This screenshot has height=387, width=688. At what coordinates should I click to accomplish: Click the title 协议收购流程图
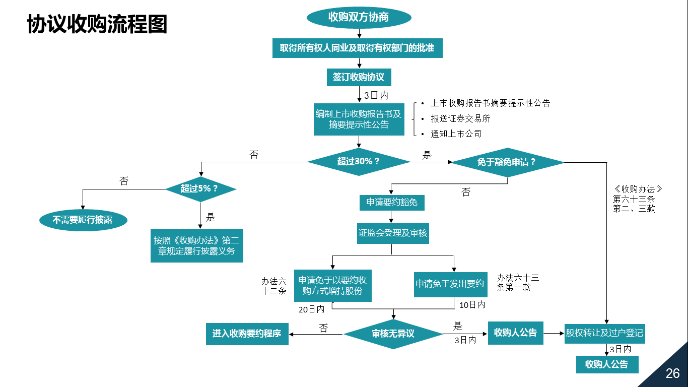click(97, 24)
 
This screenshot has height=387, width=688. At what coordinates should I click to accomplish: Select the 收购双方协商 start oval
click(359, 17)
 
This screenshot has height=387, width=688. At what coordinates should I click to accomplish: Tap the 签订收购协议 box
click(359, 77)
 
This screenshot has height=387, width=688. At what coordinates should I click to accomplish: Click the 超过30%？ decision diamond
click(359, 162)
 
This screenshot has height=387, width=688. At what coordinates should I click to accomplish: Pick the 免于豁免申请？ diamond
click(507, 162)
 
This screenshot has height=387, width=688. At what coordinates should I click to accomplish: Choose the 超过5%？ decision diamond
click(200, 189)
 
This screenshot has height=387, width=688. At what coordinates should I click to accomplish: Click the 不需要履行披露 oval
click(83, 220)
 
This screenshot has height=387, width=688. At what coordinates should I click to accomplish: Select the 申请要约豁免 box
click(392, 203)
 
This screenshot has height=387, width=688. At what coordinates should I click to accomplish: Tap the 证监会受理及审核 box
click(393, 233)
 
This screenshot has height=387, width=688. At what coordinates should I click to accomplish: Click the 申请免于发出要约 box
click(450, 284)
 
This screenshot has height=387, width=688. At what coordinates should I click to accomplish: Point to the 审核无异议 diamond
click(393, 334)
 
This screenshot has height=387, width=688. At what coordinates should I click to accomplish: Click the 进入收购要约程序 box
click(247, 334)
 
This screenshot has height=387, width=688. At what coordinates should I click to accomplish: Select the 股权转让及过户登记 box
click(604, 333)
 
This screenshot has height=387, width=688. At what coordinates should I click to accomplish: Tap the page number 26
click(672, 373)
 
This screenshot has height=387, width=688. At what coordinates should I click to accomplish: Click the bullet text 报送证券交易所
click(460, 118)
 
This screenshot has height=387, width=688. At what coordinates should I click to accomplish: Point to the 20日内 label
click(311, 309)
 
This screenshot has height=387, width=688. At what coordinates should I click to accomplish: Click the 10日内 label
click(472, 305)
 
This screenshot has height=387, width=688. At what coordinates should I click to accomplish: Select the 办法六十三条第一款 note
click(518, 283)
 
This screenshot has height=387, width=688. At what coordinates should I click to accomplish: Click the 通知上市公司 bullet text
click(456, 134)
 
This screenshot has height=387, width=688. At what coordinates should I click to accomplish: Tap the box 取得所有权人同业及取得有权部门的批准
click(358, 48)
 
